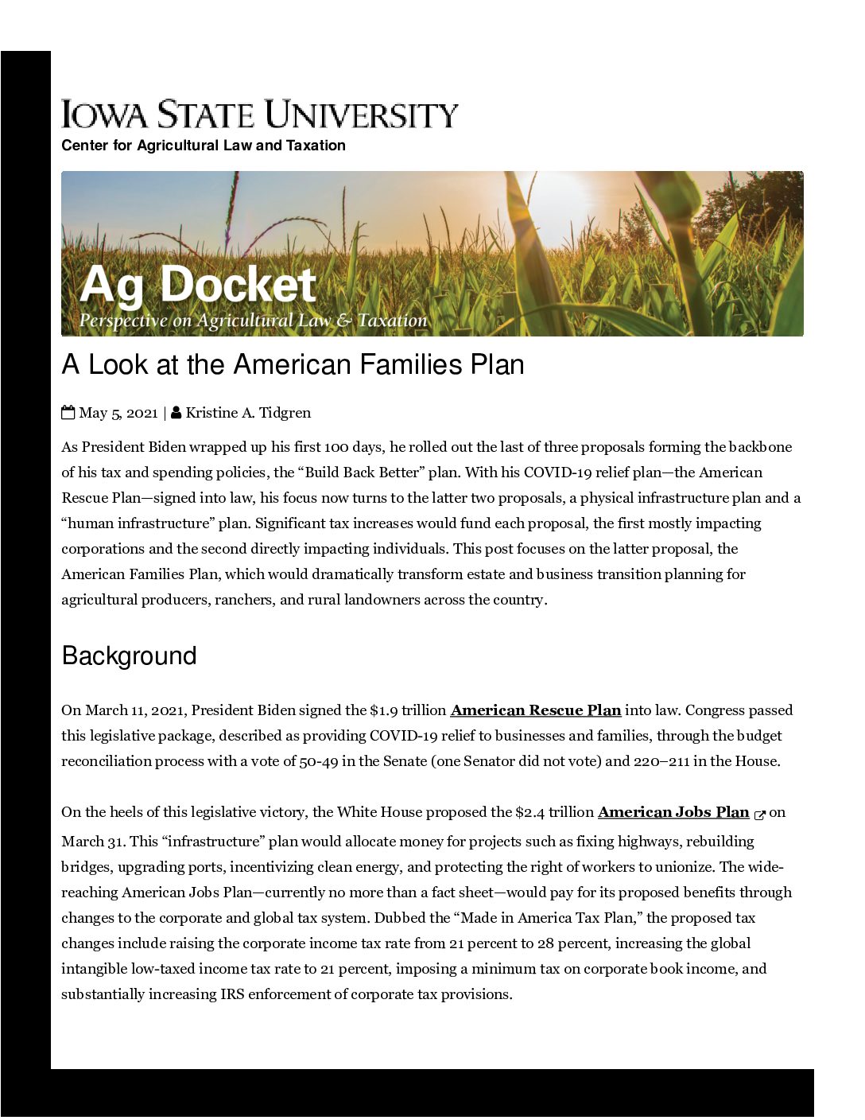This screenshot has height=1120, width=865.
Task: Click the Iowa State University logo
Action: click(x=260, y=115)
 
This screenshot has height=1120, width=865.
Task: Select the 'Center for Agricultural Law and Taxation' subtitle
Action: click(x=204, y=146)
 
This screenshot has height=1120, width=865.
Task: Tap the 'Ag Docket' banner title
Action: click(x=198, y=285)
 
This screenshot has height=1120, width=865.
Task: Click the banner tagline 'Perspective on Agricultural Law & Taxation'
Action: click(x=253, y=321)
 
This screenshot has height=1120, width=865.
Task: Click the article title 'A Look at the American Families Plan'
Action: click(x=293, y=364)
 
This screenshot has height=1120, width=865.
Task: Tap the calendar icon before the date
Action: click(x=68, y=412)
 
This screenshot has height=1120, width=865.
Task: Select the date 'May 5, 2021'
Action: click(x=118, y=413)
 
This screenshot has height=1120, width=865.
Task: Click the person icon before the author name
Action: click(x=176, y=412)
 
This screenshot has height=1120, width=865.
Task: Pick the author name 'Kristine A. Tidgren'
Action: click(x=248, y=413)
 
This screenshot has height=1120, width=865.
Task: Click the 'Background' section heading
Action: click(x=129, y=655)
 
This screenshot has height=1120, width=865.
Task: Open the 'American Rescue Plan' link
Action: click(x=535, y=710)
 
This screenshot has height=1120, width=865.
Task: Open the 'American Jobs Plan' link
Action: click(x=673, y=812)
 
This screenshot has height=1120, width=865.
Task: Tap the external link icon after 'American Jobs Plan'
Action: click(x=759, y=814)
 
